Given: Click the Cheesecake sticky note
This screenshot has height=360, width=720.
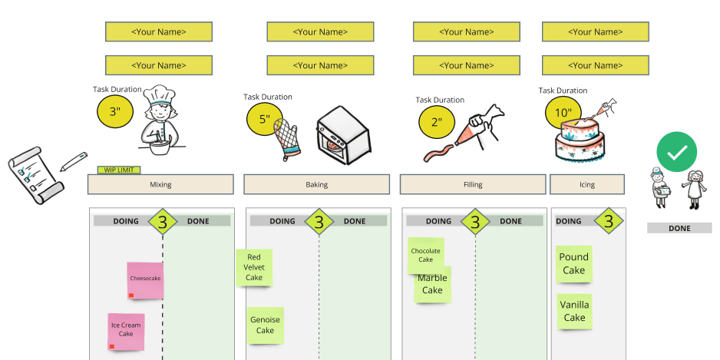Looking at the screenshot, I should click(145, 280).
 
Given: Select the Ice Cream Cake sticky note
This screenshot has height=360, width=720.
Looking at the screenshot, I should click(126, 332).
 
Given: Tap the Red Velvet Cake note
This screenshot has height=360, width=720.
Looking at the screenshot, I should click(254, 268).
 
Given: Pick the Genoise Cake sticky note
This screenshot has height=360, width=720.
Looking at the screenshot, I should click(265, 325).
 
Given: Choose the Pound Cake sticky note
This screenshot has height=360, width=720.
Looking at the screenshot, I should click(573, 264).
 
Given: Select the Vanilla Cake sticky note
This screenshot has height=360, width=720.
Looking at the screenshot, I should click(574, 311).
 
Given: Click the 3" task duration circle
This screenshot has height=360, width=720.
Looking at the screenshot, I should click(115, 112).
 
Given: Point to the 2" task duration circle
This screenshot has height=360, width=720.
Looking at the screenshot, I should click(437, 121).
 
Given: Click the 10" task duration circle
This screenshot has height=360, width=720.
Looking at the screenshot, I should click(563, 113).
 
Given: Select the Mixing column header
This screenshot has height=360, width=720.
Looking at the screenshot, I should click(160, 185).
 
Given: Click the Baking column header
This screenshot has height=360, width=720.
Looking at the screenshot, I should click(317, 185).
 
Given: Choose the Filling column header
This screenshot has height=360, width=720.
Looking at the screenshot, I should click(473, 185).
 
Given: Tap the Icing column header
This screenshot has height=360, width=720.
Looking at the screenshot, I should click(587, 185).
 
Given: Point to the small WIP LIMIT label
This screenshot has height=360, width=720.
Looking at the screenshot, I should click(118, 170).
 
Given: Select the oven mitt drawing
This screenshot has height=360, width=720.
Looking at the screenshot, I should click(289, 139).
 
